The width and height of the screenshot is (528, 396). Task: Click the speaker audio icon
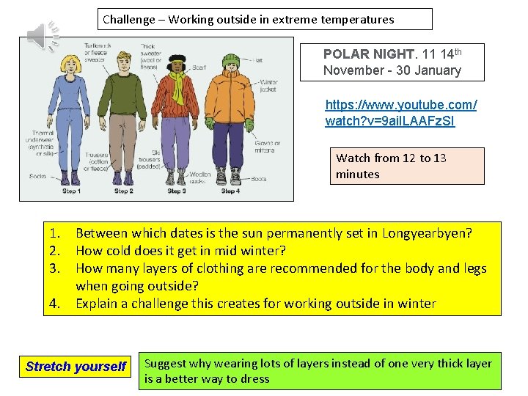point(42,35)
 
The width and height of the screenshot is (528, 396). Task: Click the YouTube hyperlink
point(400,113)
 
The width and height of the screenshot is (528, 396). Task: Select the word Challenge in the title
point(129,19)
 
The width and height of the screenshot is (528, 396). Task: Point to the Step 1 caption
point(71,191)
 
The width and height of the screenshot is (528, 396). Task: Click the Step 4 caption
point(230,191)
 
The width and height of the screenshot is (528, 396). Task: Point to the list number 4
point(54,304)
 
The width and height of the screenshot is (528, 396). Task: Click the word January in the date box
point(439,70)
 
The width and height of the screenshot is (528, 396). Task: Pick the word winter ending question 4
point(418,304)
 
